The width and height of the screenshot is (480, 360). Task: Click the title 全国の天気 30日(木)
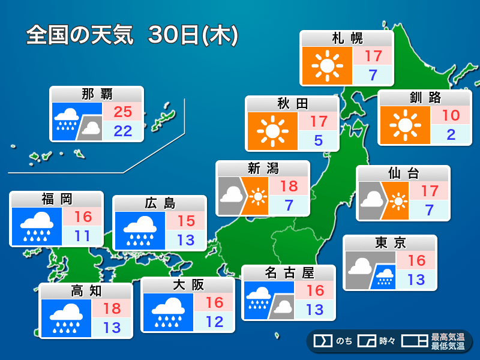(x=133, y=35)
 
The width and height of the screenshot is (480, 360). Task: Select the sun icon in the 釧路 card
(x=404, y=125)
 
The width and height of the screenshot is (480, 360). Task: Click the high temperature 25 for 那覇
(x=122, y=111)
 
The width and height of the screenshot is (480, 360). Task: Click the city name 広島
(x=160, y=203)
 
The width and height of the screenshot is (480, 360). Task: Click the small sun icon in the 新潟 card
(x=258, y=196)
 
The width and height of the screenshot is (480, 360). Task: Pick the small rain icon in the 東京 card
(x=383, y=277)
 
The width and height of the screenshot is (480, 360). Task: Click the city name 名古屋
(x=289, y=273)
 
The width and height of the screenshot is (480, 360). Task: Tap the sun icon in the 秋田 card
(x=272, y=131)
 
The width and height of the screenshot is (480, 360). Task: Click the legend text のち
(x=343, y=341)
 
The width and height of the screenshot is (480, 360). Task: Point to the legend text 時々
(x=387, y=341)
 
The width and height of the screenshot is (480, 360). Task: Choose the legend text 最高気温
(x=448, y=337)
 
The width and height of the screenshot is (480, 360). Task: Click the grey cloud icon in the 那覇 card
(x=91, y=127)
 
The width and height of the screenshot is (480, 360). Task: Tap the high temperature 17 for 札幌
(x=373, y=56)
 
